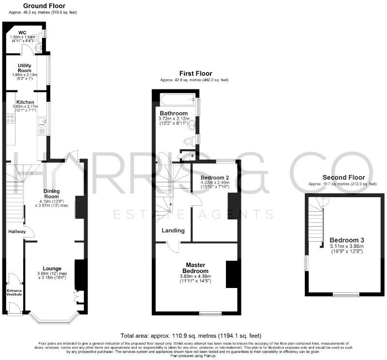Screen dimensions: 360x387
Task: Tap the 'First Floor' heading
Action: point(196,74)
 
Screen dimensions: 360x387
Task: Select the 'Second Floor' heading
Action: point(342,177)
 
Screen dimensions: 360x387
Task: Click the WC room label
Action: point(22,33)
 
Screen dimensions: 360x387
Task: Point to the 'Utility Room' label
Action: point(25,68)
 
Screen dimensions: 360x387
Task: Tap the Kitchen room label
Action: point(25,102)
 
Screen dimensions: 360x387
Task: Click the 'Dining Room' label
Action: point(51,193)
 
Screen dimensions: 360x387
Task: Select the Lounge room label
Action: point(52,268)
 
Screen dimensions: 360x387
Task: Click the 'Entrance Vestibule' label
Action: point(14,293)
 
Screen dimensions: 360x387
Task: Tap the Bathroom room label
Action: point(173,114)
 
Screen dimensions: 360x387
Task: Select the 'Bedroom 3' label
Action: point(347,240)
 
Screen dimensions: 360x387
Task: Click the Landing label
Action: point(173,231)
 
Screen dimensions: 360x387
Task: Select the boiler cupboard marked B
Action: point(193,156)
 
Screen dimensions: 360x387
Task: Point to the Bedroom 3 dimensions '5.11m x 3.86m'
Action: point(347,246)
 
